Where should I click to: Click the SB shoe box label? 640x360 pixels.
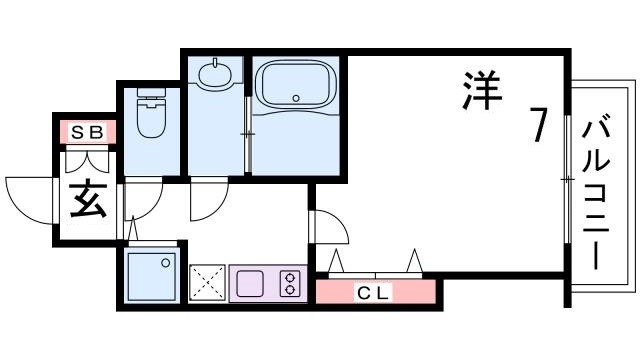tap(86, 131)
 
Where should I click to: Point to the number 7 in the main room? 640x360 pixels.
tap(537, 125)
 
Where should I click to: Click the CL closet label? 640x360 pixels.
tap(376, 293)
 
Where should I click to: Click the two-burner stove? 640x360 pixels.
tap(291, 283)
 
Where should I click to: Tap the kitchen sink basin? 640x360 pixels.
tap(249, 283)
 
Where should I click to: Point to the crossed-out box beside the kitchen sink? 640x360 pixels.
tap(208, 283)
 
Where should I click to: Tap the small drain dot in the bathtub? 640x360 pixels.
tap(296, 97)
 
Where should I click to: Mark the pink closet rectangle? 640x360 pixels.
tap(376, 293)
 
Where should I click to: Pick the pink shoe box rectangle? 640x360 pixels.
tap(86, 131)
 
